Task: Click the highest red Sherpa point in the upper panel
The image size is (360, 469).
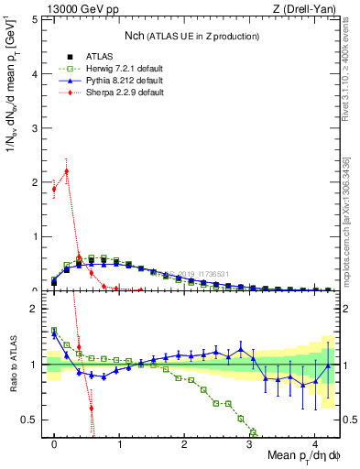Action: tap(66, 171)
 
